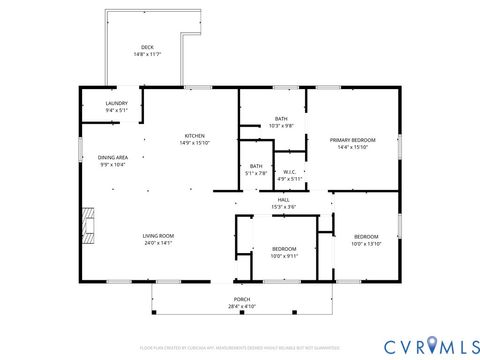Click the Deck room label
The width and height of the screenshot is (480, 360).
(147, 47)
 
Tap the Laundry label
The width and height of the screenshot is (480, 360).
(117, 103)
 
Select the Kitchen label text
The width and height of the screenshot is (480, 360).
(194, 136)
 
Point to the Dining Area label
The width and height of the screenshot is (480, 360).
(112, 157)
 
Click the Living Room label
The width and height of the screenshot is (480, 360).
(158, 236)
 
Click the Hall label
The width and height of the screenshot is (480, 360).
(284, 200)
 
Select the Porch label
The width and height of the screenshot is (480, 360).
(242, 299)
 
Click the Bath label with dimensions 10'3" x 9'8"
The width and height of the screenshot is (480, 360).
(281, 119)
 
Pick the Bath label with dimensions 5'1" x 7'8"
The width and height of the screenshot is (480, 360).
(256, 166)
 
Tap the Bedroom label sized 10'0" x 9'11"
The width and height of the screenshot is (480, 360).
(284, 248)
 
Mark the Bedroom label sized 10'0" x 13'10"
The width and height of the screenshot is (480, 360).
(366, 236)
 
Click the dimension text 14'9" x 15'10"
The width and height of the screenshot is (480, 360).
(194, 143)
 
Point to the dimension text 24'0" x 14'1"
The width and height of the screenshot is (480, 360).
(158, 243)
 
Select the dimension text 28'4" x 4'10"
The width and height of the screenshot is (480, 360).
(242, 306)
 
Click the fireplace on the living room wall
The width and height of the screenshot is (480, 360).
(89, 225)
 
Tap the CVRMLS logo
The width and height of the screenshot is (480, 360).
(417, 345)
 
